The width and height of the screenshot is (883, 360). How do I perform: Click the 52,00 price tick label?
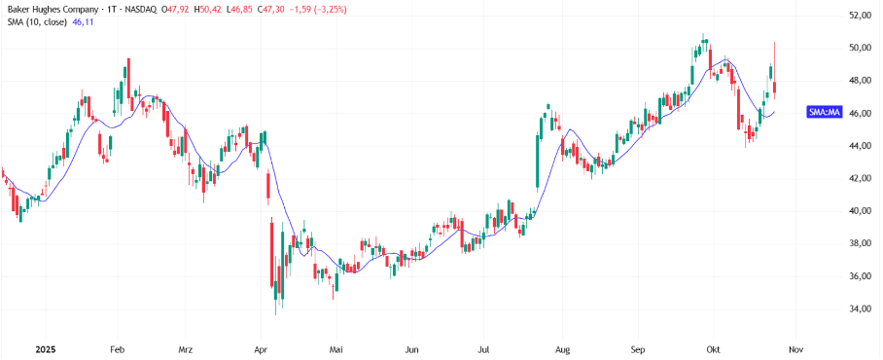[860, 16]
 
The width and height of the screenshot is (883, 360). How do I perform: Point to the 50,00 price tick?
[860, 48]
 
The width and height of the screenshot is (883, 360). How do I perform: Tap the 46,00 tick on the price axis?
[860, 113]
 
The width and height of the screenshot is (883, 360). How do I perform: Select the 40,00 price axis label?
[860, 211]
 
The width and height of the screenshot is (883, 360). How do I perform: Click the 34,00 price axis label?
[860, 309]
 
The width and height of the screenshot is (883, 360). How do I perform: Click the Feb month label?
[118, 347]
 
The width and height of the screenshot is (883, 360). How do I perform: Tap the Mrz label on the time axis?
[187, 347]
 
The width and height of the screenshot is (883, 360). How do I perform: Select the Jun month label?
[411, 347]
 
